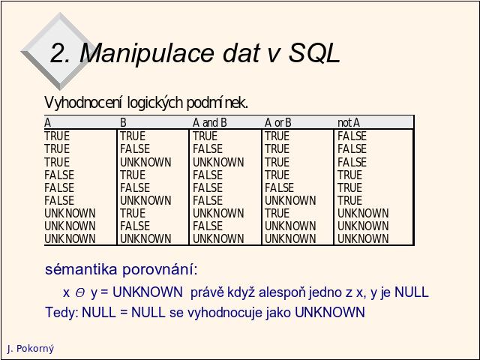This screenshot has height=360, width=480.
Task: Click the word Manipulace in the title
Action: click(x=146, y=54)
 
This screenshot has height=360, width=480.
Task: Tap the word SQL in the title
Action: click(x=314, y=53)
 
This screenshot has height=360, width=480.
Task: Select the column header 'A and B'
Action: click(x=210, y=123)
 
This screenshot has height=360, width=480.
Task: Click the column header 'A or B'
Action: click(x=278, y=123)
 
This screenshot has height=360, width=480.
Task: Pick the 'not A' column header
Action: click(x=349, y=123)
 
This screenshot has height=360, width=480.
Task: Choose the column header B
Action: click(x=123, y=123)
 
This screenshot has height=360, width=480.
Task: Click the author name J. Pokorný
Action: click(x=31, y=349)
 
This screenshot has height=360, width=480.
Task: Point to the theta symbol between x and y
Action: click(x=80, y=293)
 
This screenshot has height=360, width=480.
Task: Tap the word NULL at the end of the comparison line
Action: click(x=412, y=292)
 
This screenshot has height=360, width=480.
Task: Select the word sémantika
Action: click(x=81, y=269)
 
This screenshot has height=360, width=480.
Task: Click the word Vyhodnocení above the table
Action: click(x=83, y=103)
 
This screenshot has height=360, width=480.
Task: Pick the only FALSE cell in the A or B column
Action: click(x=279, y=187)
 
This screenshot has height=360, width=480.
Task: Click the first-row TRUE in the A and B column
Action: click(x=205, y=136)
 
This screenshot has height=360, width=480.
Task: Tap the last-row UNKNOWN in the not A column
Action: click(x=363, y=238)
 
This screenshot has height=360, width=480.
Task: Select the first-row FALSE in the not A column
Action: click(x=352, y=136)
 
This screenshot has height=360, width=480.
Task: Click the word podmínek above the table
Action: click(x=217, y=103)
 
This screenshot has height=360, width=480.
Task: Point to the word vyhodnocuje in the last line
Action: click(x=224, y=313)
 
